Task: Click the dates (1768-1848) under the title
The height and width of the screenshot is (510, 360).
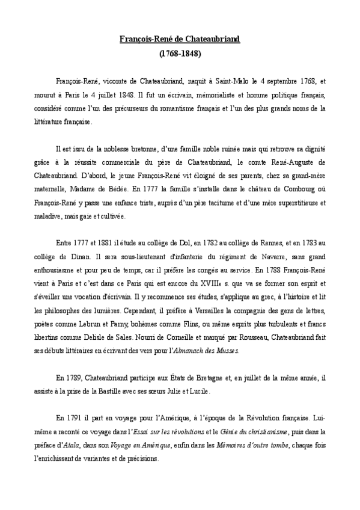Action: tap(180, 53)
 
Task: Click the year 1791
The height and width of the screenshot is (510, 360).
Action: tap(78, 417)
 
